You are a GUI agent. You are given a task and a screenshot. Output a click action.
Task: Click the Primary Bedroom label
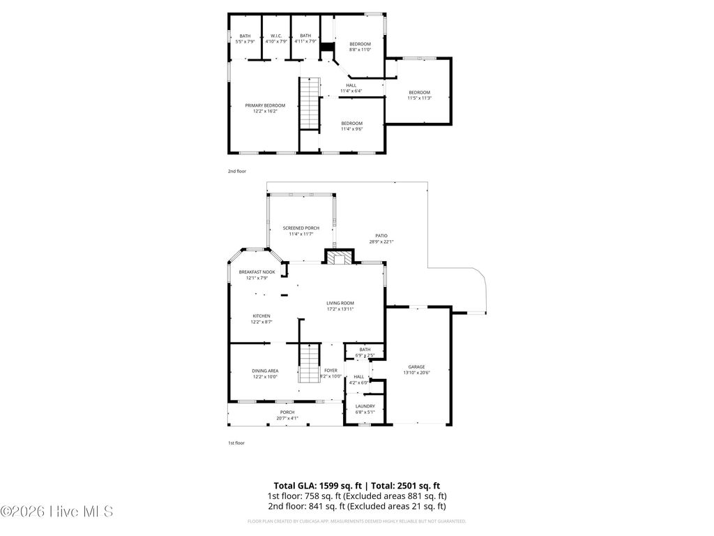265,105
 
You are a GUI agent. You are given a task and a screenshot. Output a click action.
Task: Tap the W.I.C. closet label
276,36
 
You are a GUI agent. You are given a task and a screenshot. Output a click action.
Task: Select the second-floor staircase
309,103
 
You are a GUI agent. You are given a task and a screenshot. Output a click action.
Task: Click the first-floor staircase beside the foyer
309,364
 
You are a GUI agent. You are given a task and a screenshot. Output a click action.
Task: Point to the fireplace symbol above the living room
340,260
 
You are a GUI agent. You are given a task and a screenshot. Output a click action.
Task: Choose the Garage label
416,367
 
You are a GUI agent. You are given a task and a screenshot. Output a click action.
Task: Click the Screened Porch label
301,228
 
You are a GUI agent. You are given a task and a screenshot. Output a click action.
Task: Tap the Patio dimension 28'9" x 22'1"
381,242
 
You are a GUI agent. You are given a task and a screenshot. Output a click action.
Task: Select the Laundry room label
365,406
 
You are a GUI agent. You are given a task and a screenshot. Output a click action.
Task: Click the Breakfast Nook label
257,271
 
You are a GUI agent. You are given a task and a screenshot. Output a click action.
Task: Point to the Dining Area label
265,371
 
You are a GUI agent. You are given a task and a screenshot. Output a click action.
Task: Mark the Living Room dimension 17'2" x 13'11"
341,309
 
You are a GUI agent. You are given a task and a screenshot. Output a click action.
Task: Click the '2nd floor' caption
237,171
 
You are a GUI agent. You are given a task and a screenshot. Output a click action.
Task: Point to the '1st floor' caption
236,442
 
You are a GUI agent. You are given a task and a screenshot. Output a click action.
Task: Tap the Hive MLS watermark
56,512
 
